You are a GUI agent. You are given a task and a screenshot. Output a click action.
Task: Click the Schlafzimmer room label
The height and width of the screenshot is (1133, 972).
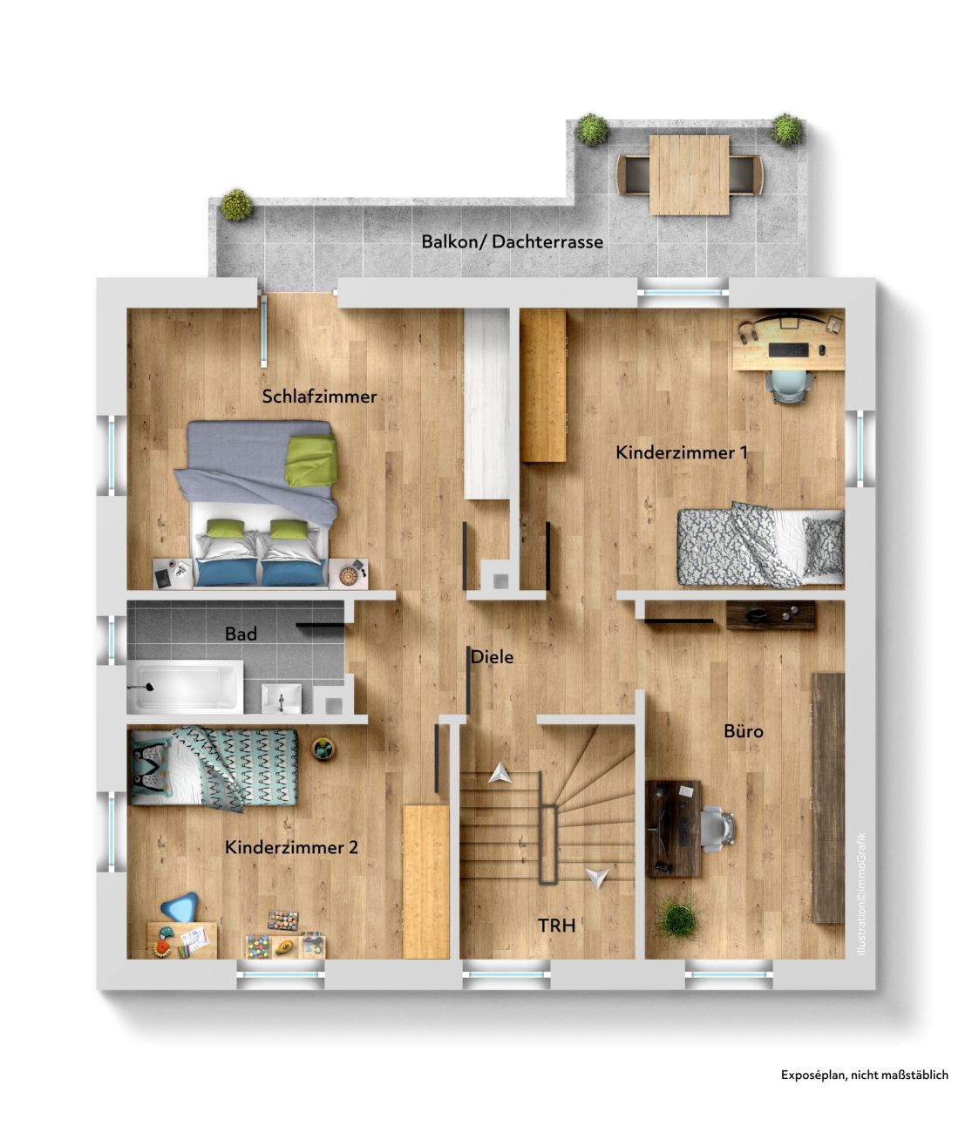pyautogui.click(x=319, y=397)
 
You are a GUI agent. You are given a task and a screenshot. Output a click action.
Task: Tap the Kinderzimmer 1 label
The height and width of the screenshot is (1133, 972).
pyautogui.click(x=682, y=452)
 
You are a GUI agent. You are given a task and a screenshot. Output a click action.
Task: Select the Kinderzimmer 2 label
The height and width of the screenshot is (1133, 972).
pyautogui.click(x=291, y=847)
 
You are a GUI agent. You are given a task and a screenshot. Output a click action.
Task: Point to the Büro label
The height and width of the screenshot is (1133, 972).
pyautogui.click(x=744, y=730)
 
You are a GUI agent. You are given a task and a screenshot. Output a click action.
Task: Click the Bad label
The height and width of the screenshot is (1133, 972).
pyautogui.click(x=241, y=634)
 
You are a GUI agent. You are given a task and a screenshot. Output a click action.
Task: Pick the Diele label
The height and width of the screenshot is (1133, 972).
pyautogui.click(x=493, y=656)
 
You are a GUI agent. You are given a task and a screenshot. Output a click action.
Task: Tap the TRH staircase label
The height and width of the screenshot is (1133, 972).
pyautogui.click(x=556, y=926)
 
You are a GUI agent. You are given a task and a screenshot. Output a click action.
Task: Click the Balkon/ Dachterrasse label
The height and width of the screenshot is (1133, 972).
pyautogui.click(x=512, y=241)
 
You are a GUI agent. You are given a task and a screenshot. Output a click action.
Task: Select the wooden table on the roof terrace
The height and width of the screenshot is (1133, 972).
pyautogui.click(x=689, y=174)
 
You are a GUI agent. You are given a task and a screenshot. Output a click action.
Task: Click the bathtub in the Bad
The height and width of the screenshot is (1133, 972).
pyautogui.click(x=186, y=686)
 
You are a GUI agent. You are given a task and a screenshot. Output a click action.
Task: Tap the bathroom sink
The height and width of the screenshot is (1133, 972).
pyautogui.click(x=282, y=698)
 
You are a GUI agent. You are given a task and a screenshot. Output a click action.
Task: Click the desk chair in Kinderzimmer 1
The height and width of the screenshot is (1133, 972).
pyautogui.click(x=788, y=384)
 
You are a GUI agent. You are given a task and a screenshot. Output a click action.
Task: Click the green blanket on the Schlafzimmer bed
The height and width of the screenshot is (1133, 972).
pyautogui.click(x=310, y=459)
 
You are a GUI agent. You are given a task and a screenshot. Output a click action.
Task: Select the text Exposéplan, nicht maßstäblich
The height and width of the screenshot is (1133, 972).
pyautogui.click(x=865, y=1075)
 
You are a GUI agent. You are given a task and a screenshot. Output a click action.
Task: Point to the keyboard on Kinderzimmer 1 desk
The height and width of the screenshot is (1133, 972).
pyautogui.click(x=788, y=349)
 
